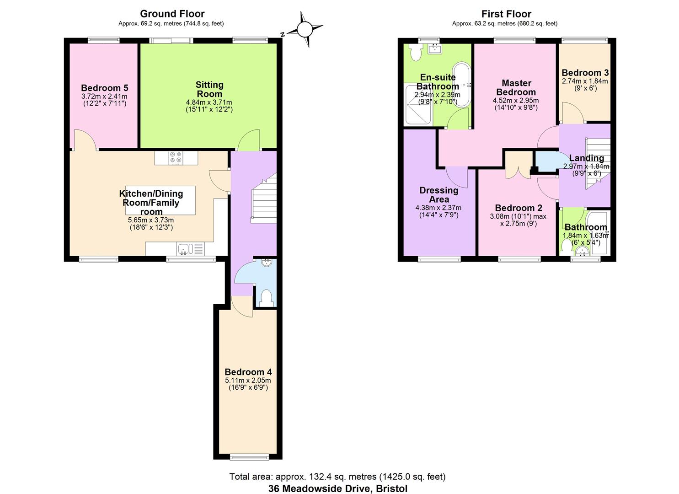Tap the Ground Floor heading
click(x=172, y=14)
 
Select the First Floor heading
click(x=506, y=14)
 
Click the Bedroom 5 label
click(x=105, y=88)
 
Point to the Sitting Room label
click(x=209, y=89)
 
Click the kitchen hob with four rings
click(x=176, y=157)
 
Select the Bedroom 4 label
click(x=248, y=372)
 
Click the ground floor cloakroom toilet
click(x=266, y=298)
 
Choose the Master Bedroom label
click(x=516, y=87)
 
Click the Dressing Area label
click(x=439, y=195)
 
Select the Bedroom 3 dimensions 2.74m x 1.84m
click(x=585, y=81)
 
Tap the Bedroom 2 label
click(x=519, y=208)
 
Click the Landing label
click(x=587, y=158)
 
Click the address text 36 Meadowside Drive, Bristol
click(x=338, y=488)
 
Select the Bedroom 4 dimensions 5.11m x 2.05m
click(x=248, y=380)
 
